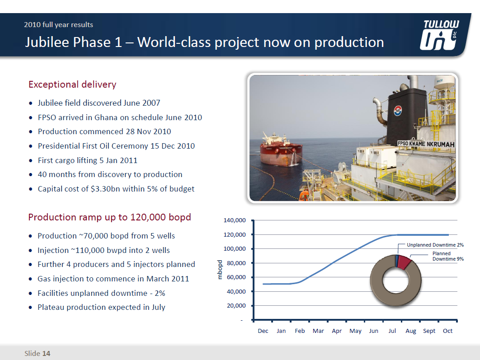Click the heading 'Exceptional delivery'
72,84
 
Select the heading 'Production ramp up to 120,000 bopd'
109,217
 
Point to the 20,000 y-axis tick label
235,306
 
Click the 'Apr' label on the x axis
337,331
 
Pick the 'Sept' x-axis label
429,331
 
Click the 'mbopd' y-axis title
220,270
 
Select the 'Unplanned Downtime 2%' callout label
435,245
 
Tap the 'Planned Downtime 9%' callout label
447,256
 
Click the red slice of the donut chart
404,262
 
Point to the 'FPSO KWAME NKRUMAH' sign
425,144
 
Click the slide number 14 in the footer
46,353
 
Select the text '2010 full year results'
59,24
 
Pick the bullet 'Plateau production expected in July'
101,307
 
